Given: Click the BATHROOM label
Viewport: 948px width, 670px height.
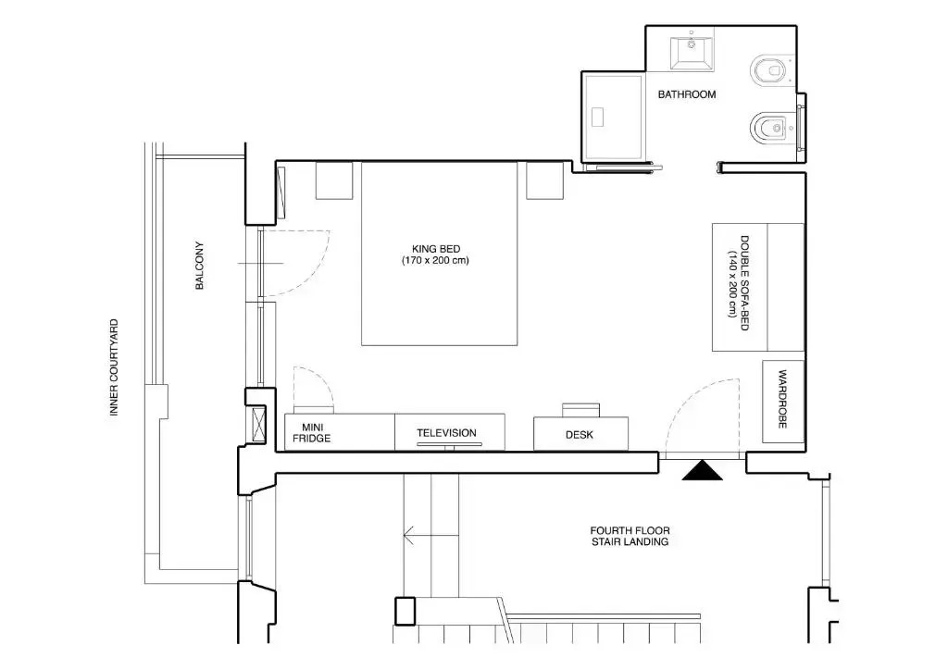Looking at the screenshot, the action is click(x=687, y=94).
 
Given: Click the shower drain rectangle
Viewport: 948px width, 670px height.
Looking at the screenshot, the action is click(x=598, y=117).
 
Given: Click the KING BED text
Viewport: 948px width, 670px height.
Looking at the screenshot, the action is click(x=436, y=249).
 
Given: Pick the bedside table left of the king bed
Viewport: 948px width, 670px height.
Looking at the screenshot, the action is click(x=334, y=180).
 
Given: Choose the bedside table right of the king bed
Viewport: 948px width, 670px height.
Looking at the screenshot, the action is click(x=544, y=180).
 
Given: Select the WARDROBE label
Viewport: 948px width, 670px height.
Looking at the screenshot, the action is click(x=782, y=400).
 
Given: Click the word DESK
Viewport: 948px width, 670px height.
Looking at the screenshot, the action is click(x=580, y=434).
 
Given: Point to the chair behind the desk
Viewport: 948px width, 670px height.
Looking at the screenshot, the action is click(x=581, y=410).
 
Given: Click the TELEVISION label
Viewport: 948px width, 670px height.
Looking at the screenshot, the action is click(x=447, y=432).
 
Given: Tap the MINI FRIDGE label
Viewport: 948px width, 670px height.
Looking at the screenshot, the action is click(x=311, y=433).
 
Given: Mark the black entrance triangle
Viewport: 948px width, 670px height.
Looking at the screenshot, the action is click(x=702, y=470).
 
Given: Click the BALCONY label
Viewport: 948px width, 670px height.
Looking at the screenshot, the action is click(x=200, y=266).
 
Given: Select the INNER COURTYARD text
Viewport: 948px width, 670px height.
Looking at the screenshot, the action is click(x=114, y=367).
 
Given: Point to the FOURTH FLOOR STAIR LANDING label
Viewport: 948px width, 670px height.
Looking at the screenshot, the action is click(x=630, y=536).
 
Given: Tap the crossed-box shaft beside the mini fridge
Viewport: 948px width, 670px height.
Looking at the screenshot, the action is click(x=258, y=425).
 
